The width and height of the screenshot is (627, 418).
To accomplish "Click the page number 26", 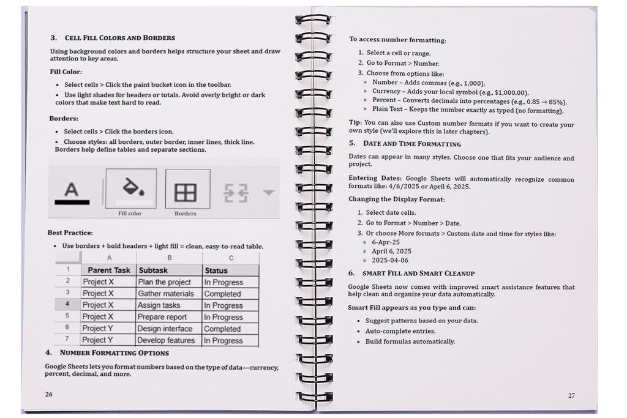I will coord(48,394).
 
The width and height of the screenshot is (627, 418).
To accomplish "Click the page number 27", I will coord(571,395).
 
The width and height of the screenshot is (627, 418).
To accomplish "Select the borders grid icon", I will coord(186,193).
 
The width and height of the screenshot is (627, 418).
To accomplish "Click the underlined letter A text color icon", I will coord(72,192).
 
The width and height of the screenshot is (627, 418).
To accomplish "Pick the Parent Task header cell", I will coord(109,270).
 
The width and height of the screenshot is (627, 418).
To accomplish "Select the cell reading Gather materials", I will coord(165,294).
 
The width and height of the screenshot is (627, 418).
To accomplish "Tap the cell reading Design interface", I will coord(165,329).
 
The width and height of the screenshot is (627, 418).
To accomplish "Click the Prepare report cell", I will coord(162,317).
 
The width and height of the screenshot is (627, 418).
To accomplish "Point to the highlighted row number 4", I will coord(67,304).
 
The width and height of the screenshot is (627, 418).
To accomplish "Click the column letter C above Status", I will coord(231,258).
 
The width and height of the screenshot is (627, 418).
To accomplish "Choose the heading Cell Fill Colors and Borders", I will coord(119,38).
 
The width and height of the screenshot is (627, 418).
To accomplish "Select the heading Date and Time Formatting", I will coord(411,144).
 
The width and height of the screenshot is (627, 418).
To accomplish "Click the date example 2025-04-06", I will coord(389,260).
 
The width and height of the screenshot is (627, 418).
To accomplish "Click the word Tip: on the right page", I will coord(355,122).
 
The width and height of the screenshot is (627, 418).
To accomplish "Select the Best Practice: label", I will coord(70,233).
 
